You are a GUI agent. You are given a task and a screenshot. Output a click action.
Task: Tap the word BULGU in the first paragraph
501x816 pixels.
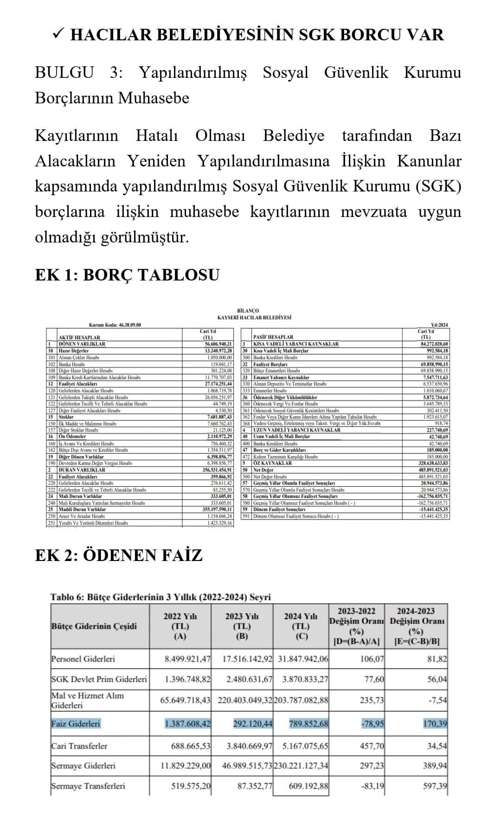(64, 73)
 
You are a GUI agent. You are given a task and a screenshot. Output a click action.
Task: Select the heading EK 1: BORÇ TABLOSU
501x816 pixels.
(127, 274)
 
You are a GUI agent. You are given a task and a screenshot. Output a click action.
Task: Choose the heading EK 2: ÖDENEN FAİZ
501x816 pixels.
(119, 555)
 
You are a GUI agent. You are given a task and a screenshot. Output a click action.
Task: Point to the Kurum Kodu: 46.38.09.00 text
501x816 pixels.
(115, 325)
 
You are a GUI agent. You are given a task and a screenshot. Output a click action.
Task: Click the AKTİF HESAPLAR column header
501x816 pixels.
(79, 337)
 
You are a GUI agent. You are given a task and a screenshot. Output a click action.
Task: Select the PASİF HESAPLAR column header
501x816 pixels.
(273, 337)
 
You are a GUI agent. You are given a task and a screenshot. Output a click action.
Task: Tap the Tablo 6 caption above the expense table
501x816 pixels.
(160, 597)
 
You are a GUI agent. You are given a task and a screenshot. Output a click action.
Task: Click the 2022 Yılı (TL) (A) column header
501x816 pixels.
(180, 626)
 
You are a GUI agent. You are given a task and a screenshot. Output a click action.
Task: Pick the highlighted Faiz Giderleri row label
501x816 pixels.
(76, 724)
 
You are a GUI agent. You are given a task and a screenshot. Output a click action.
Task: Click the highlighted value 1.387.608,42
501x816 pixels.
(187, 724)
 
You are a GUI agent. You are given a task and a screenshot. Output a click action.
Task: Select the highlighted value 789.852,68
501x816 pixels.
(308, 724)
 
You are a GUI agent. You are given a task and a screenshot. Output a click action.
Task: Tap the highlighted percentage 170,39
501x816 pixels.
(435, 724)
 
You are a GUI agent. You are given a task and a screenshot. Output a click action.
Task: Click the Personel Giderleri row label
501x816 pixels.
(83, 659)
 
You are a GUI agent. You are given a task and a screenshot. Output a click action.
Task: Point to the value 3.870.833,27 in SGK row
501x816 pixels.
(305, 679)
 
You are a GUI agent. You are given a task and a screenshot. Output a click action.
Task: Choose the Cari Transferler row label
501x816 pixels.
(79, 746)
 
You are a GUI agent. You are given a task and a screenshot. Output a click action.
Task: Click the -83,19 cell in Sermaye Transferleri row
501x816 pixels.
(373, 786)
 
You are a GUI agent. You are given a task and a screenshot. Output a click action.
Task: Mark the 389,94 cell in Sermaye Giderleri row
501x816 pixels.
(435, 765)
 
